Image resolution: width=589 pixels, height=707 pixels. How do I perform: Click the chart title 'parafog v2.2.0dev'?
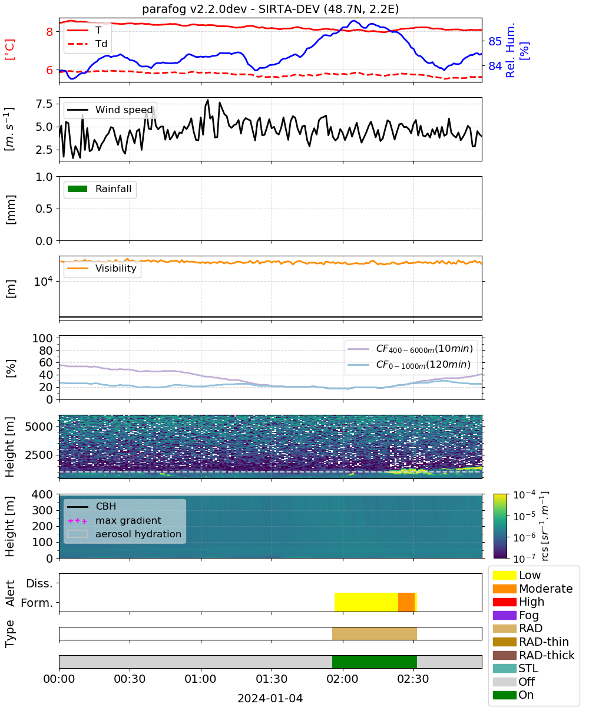194,9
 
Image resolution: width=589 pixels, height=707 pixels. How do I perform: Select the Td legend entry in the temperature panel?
87,44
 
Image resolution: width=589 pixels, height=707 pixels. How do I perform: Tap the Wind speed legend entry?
110,110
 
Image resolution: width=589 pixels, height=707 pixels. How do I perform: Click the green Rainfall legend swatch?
78,189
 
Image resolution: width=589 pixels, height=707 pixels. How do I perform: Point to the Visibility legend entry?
102,268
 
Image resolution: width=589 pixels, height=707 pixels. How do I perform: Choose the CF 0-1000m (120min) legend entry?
409,364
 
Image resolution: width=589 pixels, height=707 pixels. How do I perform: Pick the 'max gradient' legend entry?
115,520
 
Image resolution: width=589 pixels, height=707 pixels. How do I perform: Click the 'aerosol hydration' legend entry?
124,534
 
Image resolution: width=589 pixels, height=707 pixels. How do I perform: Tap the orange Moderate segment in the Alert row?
406,602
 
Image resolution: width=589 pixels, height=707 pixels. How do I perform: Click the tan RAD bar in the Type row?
375,633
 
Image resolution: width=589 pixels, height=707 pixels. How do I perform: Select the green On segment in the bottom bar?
375,662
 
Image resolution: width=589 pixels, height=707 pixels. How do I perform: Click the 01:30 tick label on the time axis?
272,679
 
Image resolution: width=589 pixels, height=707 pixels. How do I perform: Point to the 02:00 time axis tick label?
343,679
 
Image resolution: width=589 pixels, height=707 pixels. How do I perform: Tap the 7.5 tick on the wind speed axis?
44,104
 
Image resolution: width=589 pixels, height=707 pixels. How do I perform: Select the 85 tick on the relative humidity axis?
495,41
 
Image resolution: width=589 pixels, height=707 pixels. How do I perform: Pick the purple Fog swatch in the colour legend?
504,615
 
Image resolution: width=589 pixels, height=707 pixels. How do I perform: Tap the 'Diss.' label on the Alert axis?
39,583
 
